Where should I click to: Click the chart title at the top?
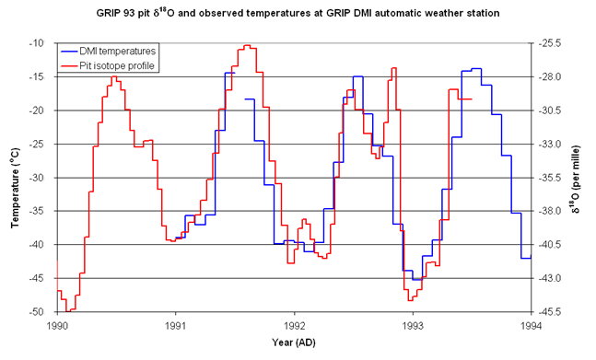tap(298, 13)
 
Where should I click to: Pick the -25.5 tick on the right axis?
tap(548, 43)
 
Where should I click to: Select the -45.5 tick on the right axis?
tap(548, 312)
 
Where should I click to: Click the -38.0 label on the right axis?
tap(548, 211)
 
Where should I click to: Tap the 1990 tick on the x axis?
tap(57, 325)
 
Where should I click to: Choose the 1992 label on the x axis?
tap(295, 325)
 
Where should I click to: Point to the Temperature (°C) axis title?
tap(15, 178)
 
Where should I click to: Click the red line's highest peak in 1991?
tap(247, 45)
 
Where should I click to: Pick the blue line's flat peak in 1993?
tap(476, 68)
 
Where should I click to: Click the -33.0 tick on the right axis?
tap(548, 144)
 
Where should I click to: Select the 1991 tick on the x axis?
tap(176, 325)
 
